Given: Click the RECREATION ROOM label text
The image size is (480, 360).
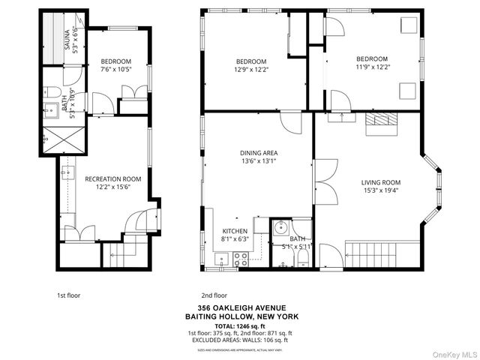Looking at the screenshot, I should pos(112,178).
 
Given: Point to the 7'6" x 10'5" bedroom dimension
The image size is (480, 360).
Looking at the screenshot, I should pos(115,70).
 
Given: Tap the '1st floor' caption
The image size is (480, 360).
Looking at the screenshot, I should pos(68,295).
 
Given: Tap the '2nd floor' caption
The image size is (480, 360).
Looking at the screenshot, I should pos(214,295).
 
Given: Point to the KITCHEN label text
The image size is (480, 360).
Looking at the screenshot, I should pos(235,231).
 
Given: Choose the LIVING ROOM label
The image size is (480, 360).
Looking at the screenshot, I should pos(380,182).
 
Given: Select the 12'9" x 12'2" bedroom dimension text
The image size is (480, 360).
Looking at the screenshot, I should pos(250,70).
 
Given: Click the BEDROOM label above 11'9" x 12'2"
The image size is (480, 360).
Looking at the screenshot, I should pos(371,59).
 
